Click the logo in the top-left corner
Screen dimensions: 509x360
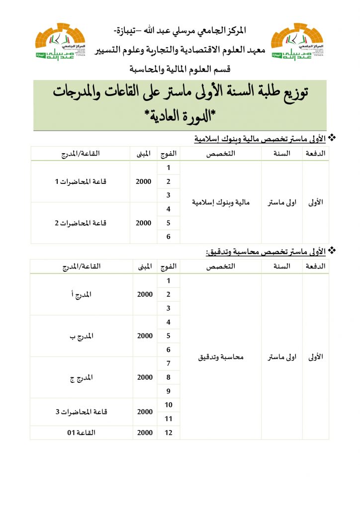(x=60, y=42)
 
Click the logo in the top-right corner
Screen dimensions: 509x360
(x=297, y=42)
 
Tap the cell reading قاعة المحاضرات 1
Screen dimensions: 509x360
(x=81, y=181)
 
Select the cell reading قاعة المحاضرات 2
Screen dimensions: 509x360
(x=81, y=223)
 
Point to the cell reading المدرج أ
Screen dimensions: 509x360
(x=81, y=294)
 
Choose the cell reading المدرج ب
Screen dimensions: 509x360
(x=81, y=336)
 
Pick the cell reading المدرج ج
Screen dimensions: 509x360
(x=81, y=377)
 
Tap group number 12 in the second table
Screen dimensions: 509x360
(x=169, y=432)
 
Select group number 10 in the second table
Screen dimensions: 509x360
(x=169, y=405)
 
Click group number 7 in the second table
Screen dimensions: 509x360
(x=169, y=363)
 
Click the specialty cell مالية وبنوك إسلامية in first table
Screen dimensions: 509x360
(x=220, y=202)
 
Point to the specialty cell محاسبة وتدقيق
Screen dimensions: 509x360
(x=220, y=357)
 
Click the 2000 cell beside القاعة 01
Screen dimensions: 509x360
(x=145, y=432)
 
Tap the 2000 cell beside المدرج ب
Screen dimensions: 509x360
(x=145, y=336)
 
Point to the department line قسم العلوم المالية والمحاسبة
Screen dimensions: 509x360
(x=180, y=68)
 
